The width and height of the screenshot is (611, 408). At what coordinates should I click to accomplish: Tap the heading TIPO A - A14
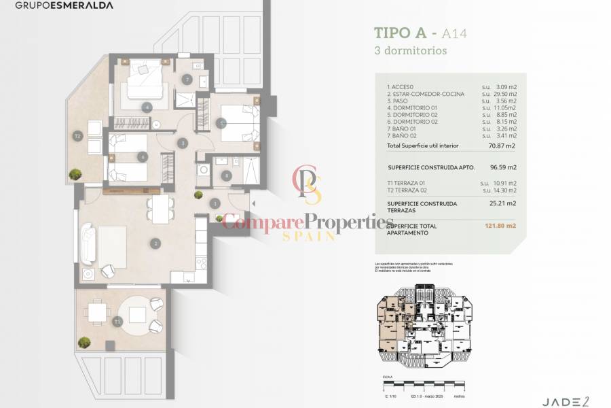[x=421, y=33]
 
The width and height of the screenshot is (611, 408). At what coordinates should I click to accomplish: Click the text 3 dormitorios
[x=410, y=50]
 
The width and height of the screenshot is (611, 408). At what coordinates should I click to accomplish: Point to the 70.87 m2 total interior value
[x=504, y=146]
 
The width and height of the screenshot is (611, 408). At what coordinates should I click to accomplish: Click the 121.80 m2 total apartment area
[x=503, y=226]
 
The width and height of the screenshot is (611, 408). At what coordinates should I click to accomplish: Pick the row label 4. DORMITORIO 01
[x=413, y=108]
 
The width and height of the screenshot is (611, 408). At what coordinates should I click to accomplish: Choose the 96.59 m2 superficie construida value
[x=504, y=167]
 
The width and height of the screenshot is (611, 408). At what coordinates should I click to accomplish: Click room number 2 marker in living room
[x=156, y=243]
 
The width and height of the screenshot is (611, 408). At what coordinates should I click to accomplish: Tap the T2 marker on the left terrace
[x=78, y=136]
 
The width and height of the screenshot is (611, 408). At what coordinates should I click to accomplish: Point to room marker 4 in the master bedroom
[x=147, y=107]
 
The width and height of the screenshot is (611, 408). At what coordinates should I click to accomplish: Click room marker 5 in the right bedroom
[x=221, y=123]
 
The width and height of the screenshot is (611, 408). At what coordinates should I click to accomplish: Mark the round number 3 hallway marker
[x=182, y=143]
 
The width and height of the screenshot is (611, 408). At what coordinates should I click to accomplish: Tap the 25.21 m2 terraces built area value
[x=504, y=203]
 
